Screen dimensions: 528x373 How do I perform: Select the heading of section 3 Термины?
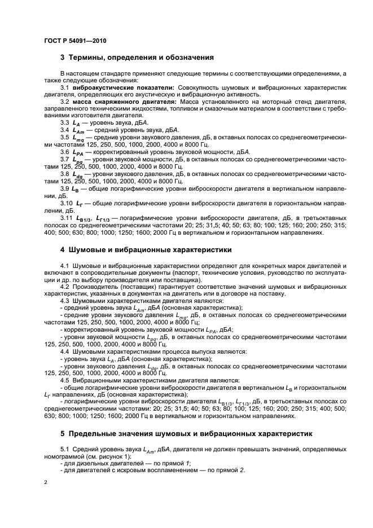(x=137, y=58)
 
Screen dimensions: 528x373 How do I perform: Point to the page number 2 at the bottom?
(x=46, y=483)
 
